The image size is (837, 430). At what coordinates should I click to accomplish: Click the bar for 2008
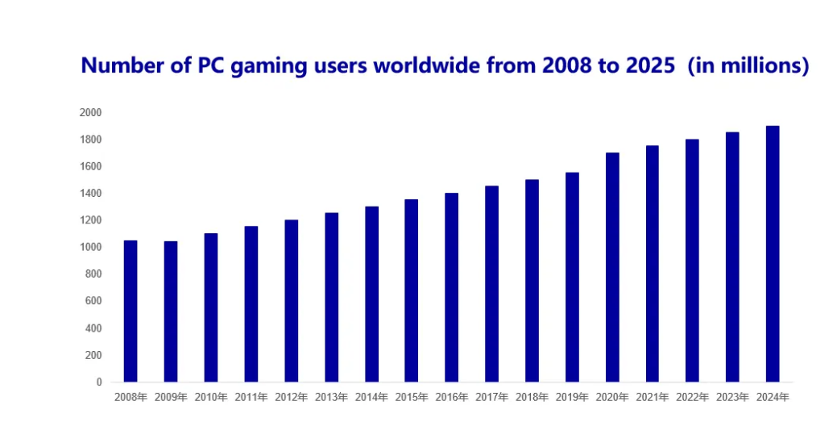(x=131, y=311)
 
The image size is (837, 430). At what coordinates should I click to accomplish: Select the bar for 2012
(x=291, y=300)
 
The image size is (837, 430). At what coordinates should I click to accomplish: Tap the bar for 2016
(x=451, y=287)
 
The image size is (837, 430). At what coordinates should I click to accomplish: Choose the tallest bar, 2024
(x=773, y=253)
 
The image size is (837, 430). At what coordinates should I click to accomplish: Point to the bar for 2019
(x=572, y=277)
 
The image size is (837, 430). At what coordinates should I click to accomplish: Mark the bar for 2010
(x=211, y=307)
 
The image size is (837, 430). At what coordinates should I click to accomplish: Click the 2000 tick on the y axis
(x=90, y=113)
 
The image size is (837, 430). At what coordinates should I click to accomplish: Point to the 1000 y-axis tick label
(x=90, y=248)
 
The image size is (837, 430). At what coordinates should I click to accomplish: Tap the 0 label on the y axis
(x=98, y=382)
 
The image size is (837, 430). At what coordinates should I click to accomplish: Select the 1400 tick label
(x=90, y=194)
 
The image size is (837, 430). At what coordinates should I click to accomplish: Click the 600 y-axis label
(x=93, y=301)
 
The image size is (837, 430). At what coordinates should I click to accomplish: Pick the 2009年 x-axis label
(x=171, y=397)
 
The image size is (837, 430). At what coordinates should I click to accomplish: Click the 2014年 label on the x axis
(x=371, y=397)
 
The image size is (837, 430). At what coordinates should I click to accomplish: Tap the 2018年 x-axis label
(x=532, y=397)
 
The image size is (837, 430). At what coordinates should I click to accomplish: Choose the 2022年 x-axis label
(x=693, y=397)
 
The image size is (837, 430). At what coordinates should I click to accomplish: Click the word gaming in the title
(x=264, y=66)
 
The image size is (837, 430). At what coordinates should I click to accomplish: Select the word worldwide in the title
(x=420, y=66)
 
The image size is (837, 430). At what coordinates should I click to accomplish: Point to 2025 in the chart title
(x=648, y=66)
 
